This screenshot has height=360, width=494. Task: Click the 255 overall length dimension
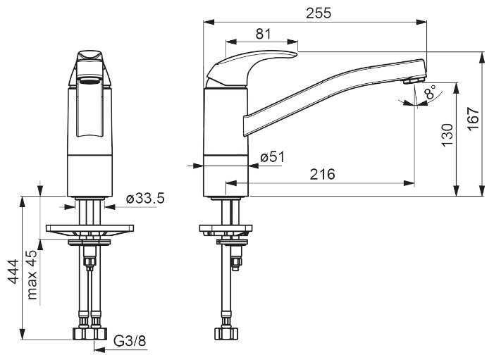(x=319, y=13)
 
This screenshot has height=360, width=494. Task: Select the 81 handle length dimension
(x=263, y=34)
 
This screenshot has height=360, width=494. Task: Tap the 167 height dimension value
(x=473, y=118)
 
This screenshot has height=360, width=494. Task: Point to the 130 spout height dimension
(x=447, y=135)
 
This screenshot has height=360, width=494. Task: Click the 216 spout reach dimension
(x=322, y=174)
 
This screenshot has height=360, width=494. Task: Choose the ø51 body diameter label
(x=273, y=157)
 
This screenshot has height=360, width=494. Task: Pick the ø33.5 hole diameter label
(x=145, y=199)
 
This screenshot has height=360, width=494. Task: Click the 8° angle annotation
(x=430, y=92)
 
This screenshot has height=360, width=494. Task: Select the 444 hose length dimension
(x=13, y=271)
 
